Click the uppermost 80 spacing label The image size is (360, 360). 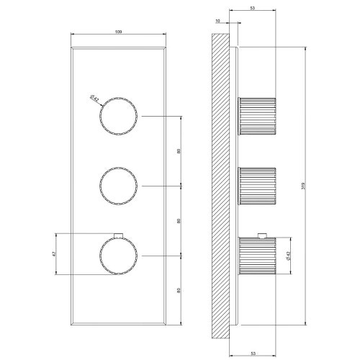tap(179, 151)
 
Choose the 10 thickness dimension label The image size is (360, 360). tap(220, 22)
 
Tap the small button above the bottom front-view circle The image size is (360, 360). tap(117, 233)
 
